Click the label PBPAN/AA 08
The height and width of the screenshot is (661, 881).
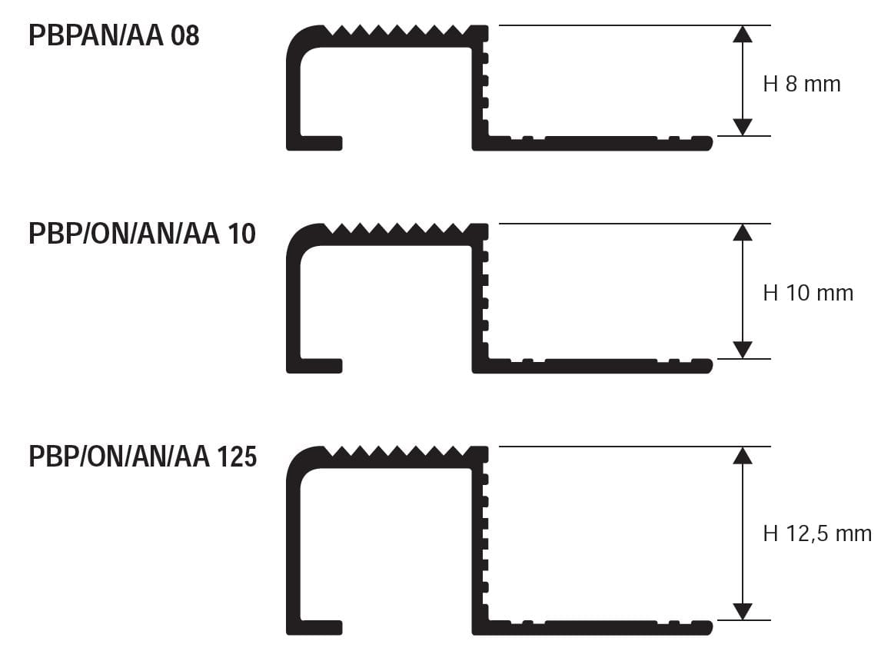[114, 35]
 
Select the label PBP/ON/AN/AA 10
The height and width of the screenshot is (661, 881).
[142, 234]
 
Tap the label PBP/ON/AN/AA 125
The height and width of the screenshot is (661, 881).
[142, 457]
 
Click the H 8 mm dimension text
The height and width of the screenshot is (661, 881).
[802, 84]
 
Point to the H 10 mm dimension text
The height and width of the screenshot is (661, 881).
[808, 293]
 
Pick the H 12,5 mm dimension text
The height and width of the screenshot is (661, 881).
[817, 533]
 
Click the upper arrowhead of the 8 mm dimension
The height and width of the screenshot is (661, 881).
[742, 34]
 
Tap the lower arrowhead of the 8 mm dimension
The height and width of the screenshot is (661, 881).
[742, 127]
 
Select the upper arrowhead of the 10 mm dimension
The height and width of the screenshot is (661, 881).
[742, 232]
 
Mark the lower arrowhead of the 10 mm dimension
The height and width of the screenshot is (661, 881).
[742, 350]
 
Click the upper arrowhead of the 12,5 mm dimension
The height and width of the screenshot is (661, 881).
[742, 455]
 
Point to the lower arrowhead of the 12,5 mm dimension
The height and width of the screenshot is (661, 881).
[742, 611]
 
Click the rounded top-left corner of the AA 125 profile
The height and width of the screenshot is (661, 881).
[297, 458]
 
